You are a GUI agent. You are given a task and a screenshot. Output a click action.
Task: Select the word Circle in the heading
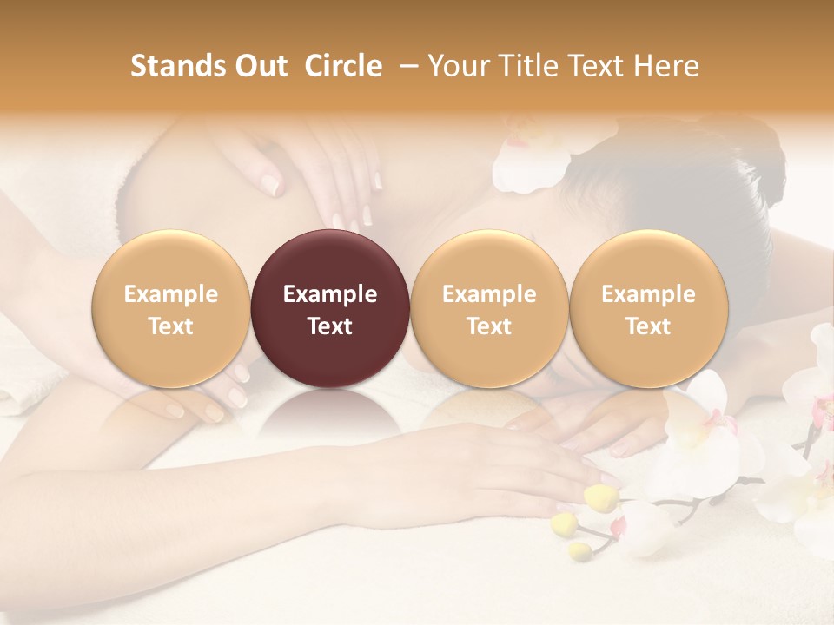click(x=343, y=66)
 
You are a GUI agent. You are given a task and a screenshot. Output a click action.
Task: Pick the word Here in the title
click(x=668, y=66)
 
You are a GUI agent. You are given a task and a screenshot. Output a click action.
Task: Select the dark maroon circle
click(x=330, y=308)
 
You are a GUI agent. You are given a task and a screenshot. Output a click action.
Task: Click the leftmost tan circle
click(x=171, y=308)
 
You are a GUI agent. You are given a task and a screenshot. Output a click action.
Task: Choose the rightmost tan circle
click(x=649, y=308)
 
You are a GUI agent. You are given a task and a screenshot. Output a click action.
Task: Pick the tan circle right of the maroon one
click(x=489, y=308)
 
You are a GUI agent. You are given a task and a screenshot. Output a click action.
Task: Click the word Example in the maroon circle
click(x=330, y=294)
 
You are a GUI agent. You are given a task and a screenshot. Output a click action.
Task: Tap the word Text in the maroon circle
click(x=330, y=326)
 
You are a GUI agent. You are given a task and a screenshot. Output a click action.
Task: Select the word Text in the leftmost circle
click(x=171, y=326)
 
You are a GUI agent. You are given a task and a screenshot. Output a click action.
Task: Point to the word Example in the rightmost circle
click(x=649, y=294)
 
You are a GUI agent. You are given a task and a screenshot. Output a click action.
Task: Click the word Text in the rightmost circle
click(x=649, y=326)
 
